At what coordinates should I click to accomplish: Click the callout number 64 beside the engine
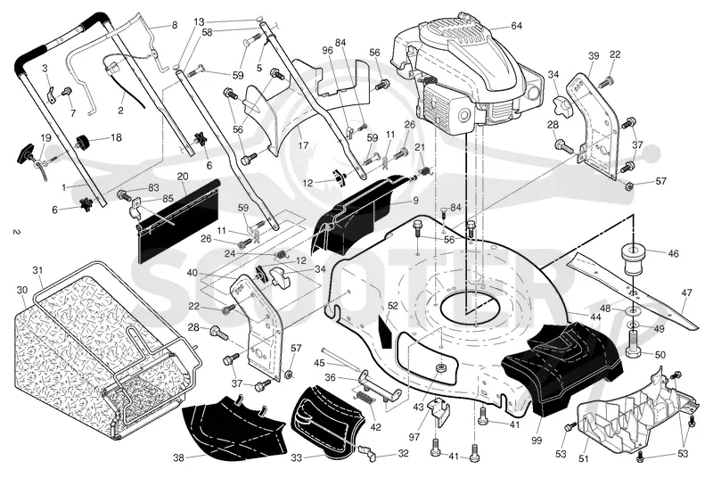coord(516,26)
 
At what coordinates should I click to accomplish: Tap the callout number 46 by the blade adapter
coord(673,254)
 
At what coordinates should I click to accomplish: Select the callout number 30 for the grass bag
coord(21,291)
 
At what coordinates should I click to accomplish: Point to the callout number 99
coord(537,440)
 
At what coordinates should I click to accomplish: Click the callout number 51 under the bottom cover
coord(584,458)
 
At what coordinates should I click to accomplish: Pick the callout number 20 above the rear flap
coord(183,177)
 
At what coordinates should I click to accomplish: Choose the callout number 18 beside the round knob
coord(116,137)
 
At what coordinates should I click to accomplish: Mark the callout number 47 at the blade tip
coord(686,293)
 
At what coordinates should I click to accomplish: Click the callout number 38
coord(179,457)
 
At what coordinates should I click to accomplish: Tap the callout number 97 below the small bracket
coord(414,437)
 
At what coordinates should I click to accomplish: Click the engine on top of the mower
coord(469,73)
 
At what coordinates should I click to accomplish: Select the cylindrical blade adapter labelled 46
coord(633,259)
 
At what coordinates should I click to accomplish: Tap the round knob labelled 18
coord(82,142)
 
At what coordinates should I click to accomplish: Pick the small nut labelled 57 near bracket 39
coord(628,185)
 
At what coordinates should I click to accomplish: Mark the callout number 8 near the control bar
coord(175,26)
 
